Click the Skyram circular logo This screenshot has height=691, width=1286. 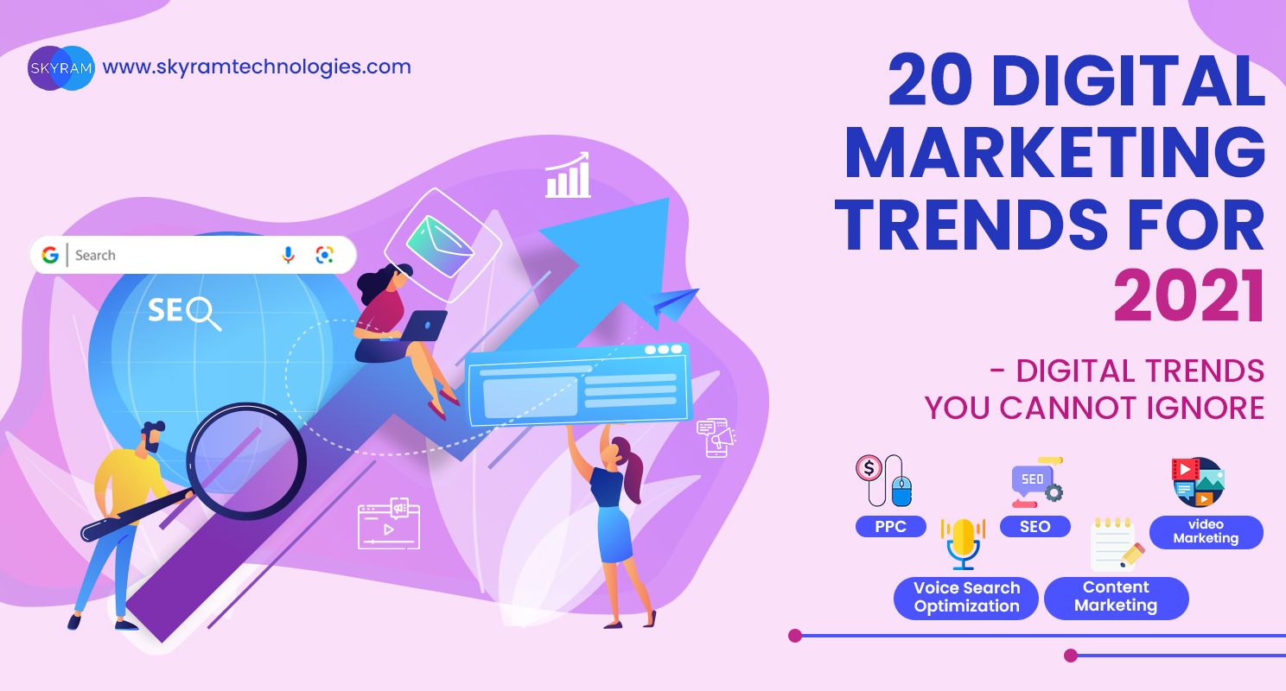(x=60, y=67)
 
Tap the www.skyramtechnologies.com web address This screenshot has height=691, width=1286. (x=257, y=67)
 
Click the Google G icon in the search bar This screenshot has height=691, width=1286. (x=50, y=255)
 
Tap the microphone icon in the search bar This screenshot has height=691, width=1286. (x=288, y=255)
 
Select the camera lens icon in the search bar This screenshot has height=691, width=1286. (x=324, y=255)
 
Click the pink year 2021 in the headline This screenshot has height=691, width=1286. (x=1189, y=296)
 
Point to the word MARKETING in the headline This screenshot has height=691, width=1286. (x=1055, y=153)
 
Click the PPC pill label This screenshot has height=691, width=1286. (x=890, y=526)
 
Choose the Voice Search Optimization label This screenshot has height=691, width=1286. (x=966, y=598)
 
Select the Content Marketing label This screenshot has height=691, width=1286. (x=1116, y=598)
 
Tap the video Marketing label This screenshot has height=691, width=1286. (x=1206, y=532)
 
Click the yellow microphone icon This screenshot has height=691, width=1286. (x=963, y=543)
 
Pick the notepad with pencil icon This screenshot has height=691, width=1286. (x=1117, y=545)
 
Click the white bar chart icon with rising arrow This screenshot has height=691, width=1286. (x=568, y=174)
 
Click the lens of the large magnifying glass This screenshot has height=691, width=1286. (x=247, y=461)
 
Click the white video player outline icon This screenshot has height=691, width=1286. (x=389, y=524)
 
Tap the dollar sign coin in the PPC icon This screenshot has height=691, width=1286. (x=869, y=468)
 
